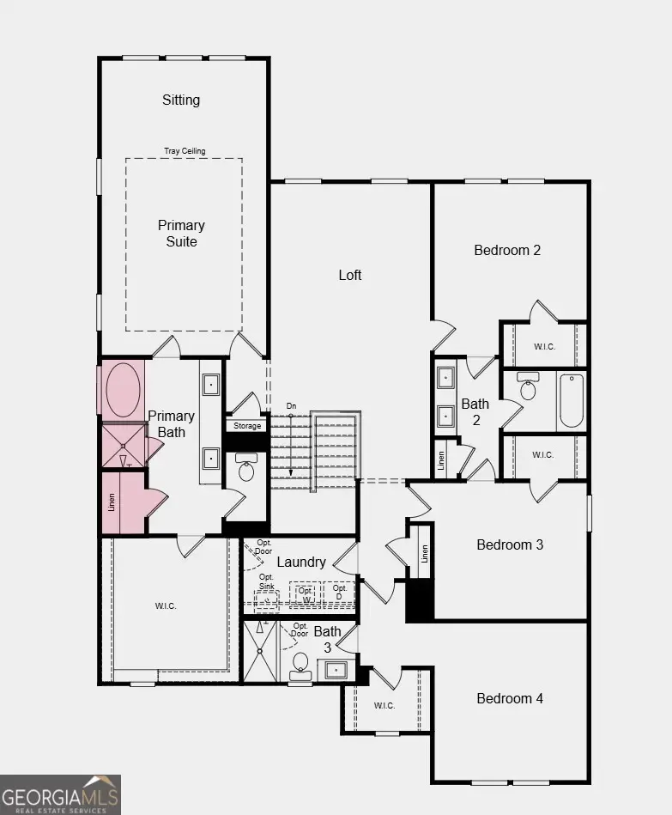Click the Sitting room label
(181, 100)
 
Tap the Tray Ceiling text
(185, 151)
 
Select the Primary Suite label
(181, 234)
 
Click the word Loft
(350, 275)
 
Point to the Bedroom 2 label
(507, 251)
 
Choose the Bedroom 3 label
(510, 544)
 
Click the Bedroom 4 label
(510, 698)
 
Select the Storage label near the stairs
(246, 426)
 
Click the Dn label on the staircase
(292, 405)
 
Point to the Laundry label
(301, 562)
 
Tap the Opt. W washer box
(306, 594)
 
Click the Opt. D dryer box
(340, 593)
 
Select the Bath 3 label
(327, 638)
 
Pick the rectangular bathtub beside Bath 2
(571, 400)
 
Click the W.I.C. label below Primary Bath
(166, 606)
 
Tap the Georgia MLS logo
(60, 794)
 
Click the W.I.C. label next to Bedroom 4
(384, 706)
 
